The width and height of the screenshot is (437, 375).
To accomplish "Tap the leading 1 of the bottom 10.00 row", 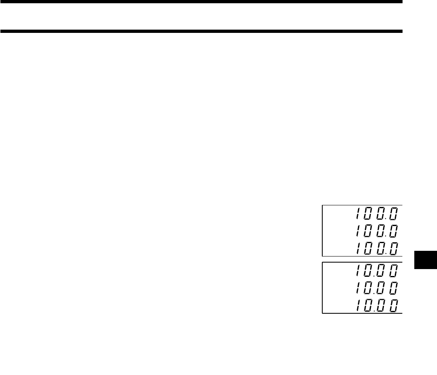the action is (358, 305).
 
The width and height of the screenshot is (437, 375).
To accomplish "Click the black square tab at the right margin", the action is (426, 260).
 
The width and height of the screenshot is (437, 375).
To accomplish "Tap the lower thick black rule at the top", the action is (201, 31).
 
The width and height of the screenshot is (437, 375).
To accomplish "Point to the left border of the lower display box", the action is (322, 288).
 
